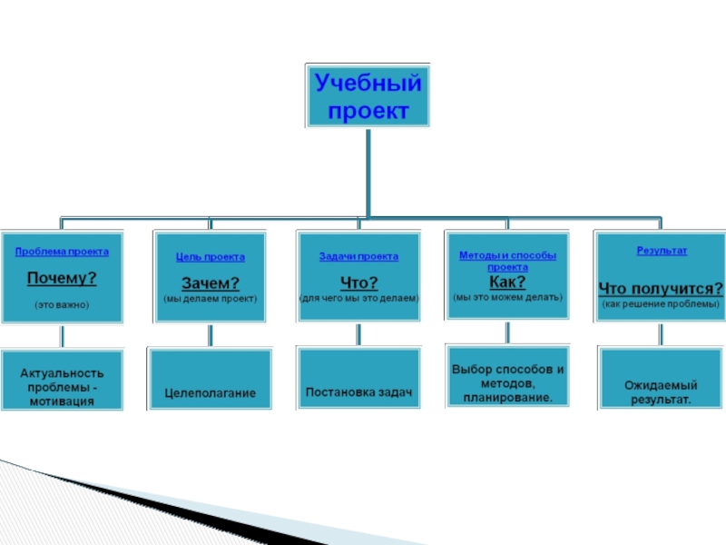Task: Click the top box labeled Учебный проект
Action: tap(368, 95)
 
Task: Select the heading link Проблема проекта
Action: tap(62, 252)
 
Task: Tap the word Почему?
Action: tap(62, 277)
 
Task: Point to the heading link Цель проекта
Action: tap(210, 257)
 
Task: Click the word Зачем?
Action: tap(210, 282)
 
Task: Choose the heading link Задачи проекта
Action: tap(358, 257)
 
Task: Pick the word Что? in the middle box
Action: tap(358, 282)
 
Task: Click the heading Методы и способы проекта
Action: tap(507, 262)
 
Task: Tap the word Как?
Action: tap(507, 282)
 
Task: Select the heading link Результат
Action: tap(662, 250)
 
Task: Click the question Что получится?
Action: tap(661, 288)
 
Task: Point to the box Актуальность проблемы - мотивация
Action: tap(61, 386)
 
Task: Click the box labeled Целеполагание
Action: tap(210, 392)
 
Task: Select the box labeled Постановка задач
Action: tap(358, 392)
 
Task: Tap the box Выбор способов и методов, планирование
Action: tap(507, 383)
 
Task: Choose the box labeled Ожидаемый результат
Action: tap(659, 391)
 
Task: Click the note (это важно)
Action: tap(62, 304)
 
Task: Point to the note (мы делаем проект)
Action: tap(210, 298)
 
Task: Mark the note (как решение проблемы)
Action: tap(661, 303)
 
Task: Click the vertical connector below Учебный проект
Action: tap(368, 173)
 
